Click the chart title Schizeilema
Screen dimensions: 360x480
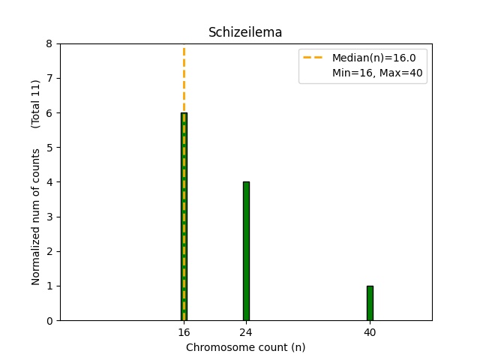(x=245, y=32)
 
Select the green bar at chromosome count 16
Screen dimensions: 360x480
(x=184, y=217)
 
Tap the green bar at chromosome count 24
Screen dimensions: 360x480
(x=245, y=251)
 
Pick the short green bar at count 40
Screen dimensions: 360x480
(x=370, y=303)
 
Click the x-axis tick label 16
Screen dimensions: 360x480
(x=184, y=332)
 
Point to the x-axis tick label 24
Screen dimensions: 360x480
(x=245, y=332)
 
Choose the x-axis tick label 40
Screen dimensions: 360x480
(x=370, y=332)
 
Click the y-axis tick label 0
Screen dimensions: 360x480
(x=49, y=321)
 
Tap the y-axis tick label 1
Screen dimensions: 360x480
(x=49, y=286)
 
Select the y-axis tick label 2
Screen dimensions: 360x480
(x=49, y=251)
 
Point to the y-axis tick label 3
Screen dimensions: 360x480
(x=49, y=217)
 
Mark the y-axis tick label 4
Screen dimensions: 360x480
(x=49, y=182)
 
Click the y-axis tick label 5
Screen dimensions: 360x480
(x=49, y=148)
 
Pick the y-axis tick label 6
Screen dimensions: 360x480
(x=49, y=113)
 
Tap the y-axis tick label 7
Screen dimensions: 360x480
(x=49, y=79)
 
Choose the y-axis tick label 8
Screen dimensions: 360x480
(x=49, y=44)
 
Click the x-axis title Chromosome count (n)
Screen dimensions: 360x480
(x=245, y=347)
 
